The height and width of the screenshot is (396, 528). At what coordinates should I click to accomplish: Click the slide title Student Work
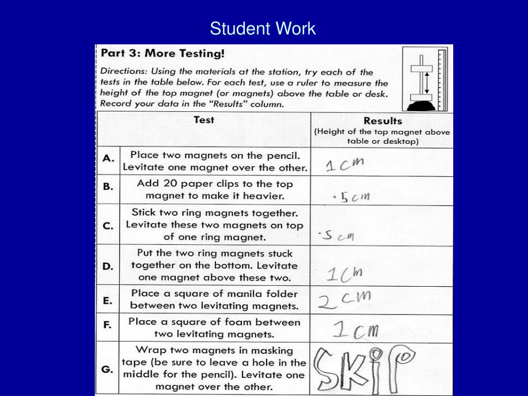(x=262, y=28)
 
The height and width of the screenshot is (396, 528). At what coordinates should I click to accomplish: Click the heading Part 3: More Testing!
(x=162, y=54)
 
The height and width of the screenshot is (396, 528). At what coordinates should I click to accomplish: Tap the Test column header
(x=204, y=120)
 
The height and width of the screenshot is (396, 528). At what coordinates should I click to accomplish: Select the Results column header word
(x=382, y=121)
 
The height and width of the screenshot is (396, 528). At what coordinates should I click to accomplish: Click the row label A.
(x=108, y=159)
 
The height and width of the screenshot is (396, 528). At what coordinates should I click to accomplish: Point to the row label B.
(x=108, y=187)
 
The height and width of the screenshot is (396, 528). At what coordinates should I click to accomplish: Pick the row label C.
(x=108, y=225)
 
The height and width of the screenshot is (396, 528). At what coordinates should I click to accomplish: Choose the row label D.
(x=108, y=266)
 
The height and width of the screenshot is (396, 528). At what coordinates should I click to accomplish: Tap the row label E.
(x=108, y=300)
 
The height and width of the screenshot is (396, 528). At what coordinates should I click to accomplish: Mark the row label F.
(x=108, y=326)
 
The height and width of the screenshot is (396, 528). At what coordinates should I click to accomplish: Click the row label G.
(x=108, y=369)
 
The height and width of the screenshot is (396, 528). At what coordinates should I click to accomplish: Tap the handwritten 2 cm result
(x=344, y=300)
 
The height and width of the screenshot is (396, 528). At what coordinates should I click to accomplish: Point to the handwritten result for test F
(x=356, y=329)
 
